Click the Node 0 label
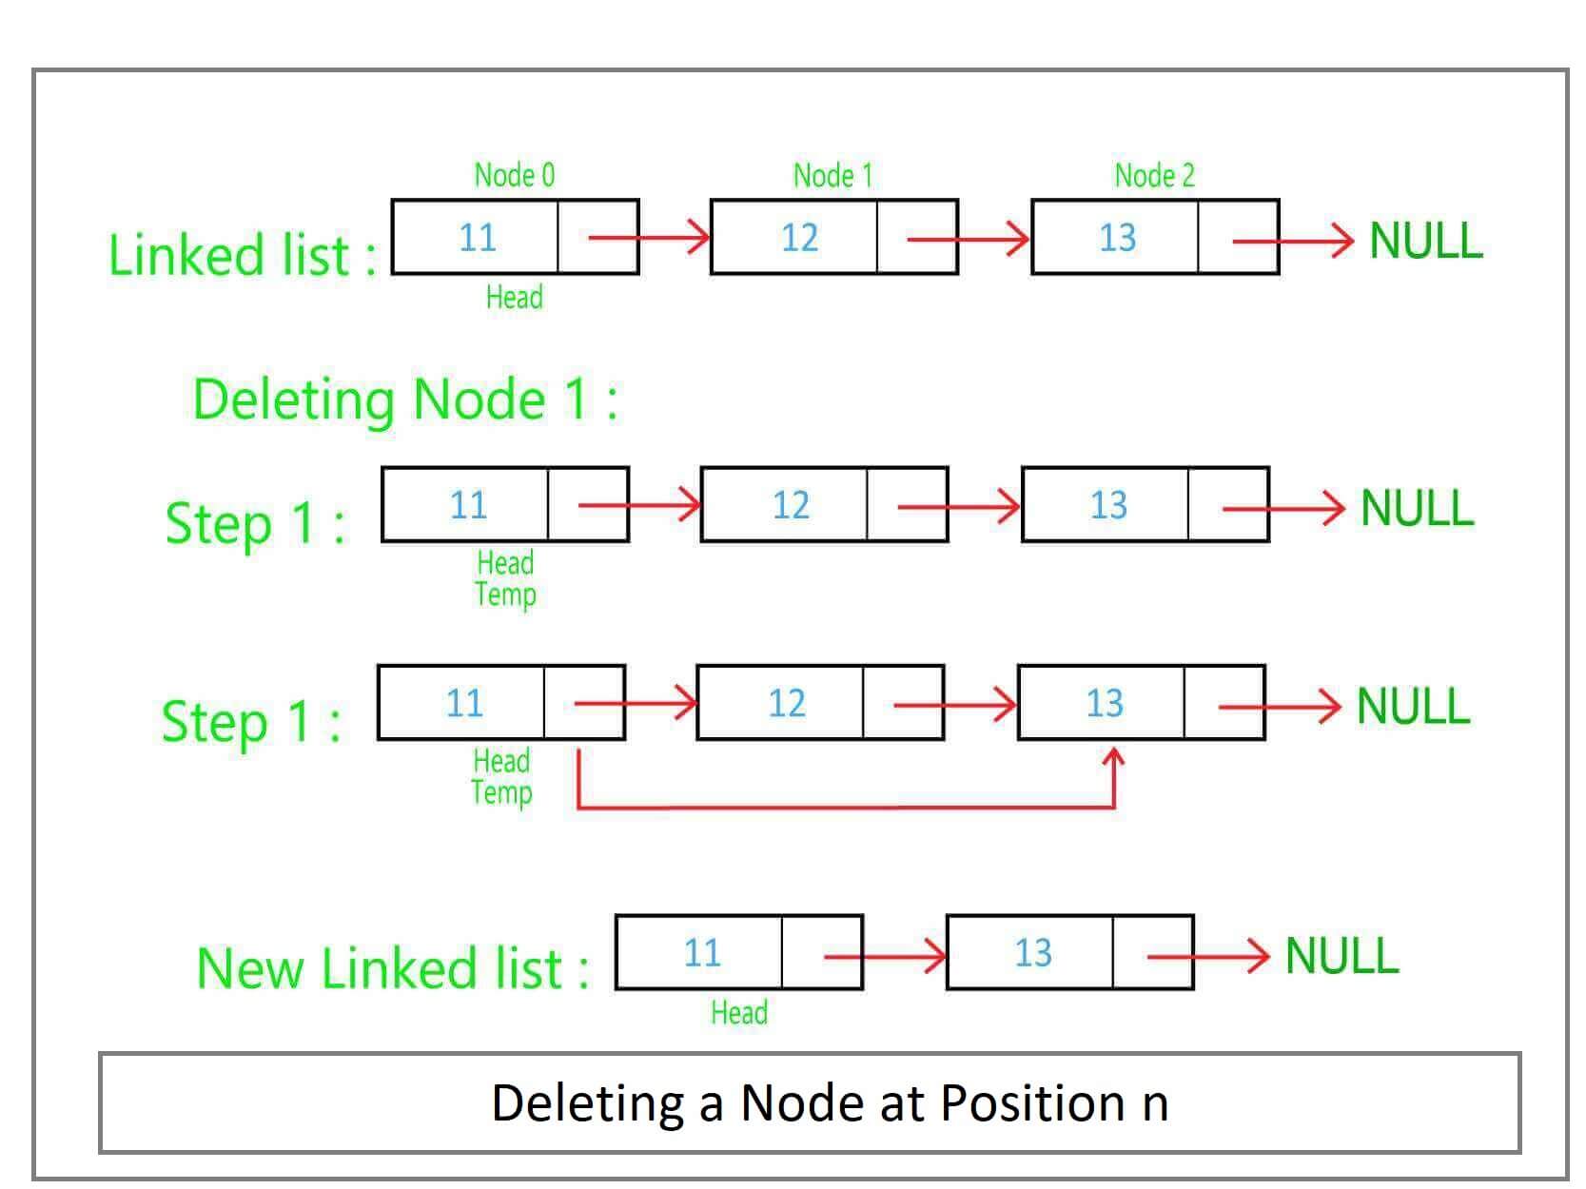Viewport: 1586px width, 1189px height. click(x=514, y=175)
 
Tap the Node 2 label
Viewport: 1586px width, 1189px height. click(x=1154, y=175)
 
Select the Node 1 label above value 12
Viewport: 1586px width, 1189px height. click(x=832, y=175)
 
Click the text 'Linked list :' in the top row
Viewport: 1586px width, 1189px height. click(x=243, y=255)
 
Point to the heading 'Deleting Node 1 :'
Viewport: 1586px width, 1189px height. click(x=405, y=400)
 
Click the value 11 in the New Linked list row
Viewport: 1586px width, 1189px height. click(x=702, y=953)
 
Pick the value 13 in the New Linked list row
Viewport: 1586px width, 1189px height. click(x=1032, y=953)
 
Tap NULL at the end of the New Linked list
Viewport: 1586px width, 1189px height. click(x=1341, y=956)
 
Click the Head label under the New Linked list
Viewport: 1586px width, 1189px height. click(x=739, y=1012)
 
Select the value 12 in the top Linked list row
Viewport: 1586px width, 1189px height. click(x=799, y=238)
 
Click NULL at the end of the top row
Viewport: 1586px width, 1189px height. click(x=1425, y=241)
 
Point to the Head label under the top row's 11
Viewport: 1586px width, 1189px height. click(x=514, y=298)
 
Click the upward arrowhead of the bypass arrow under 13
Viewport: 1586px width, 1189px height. click(x=1113, y=758)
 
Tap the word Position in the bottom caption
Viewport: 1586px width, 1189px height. click(x=1032, y=1103)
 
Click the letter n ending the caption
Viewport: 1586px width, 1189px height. click(x=1155, y=1105)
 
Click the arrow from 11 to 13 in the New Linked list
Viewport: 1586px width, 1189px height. click(x=885, y=956)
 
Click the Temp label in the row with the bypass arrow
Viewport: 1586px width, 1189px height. click(x=501, y=793)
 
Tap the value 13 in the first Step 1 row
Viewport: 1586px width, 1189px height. click(x=1108, y=505)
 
